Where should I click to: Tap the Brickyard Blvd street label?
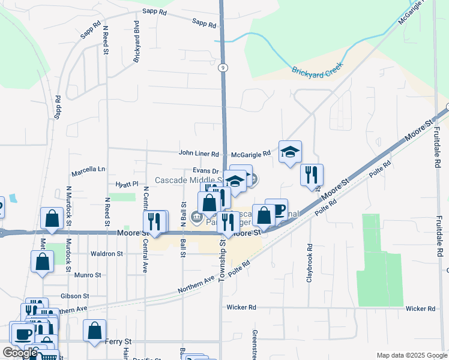(x=137, y=36)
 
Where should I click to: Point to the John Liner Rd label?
(x=199, y=153)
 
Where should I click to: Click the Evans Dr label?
(x=205, y=171)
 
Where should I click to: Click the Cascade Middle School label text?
(x=187, y=181)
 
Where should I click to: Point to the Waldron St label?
(x=106, y=254)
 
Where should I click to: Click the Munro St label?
(x=88, y=275)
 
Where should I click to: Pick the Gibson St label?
(x=74, y=296)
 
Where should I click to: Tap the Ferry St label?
(x=118, y=341)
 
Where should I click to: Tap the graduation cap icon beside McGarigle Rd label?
(x=290, y=152)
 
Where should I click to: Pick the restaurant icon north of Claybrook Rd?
(x=312, y=175)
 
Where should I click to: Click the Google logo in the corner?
(x=20, y=353)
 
